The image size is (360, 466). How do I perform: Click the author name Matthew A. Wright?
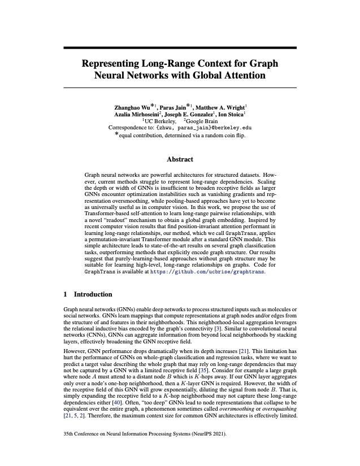[222, 106]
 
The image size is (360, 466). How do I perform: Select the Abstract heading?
[180, 159]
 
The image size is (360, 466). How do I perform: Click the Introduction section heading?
[94, 294]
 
